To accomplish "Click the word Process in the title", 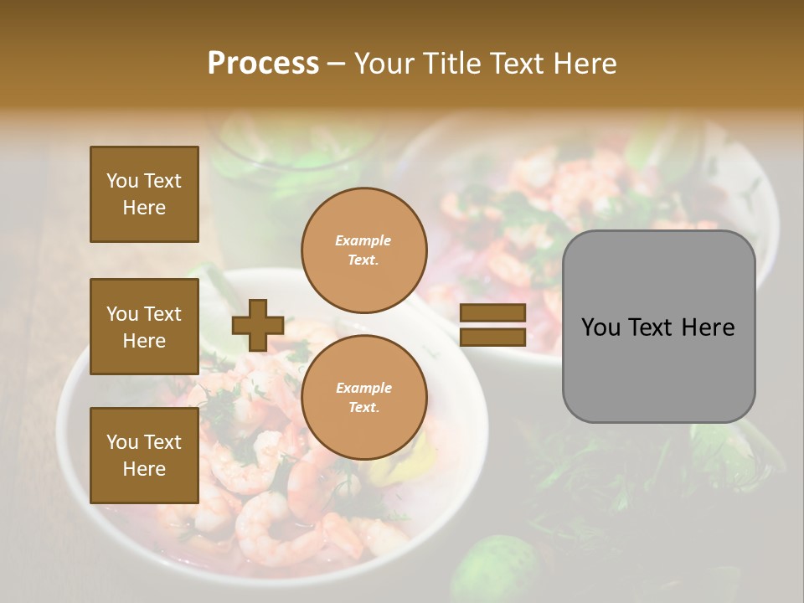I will point(263,63).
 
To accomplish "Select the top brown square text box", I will point(144,194).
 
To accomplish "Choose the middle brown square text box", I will point(144,327).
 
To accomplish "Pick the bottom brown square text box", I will point(144,455).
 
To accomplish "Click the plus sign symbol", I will point(258,325).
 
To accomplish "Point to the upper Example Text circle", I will point(363,250).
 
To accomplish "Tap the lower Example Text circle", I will point(363,398).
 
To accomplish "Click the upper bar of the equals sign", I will point(492,313).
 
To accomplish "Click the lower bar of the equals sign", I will point(492,337).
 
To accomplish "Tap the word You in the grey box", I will point(600,327).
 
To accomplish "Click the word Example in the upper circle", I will point(363,240).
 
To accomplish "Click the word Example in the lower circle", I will point(363,388).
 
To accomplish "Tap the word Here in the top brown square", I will point(144,208).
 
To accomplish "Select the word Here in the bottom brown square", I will point(144,469).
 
